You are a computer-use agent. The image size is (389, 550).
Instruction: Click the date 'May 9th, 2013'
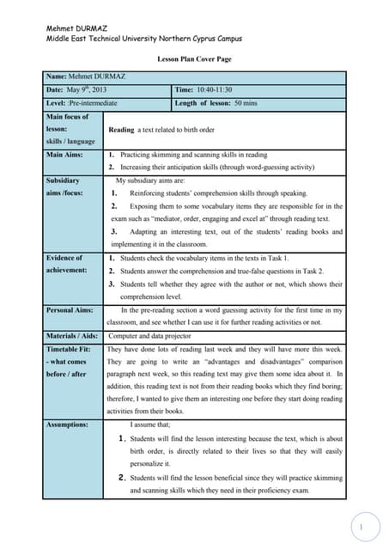85,90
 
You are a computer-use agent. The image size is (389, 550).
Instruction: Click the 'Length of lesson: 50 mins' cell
217,104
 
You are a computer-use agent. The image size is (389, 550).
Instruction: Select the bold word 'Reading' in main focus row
122,129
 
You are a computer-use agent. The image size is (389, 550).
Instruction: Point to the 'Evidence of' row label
64,258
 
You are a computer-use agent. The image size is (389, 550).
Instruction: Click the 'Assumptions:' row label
67,425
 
